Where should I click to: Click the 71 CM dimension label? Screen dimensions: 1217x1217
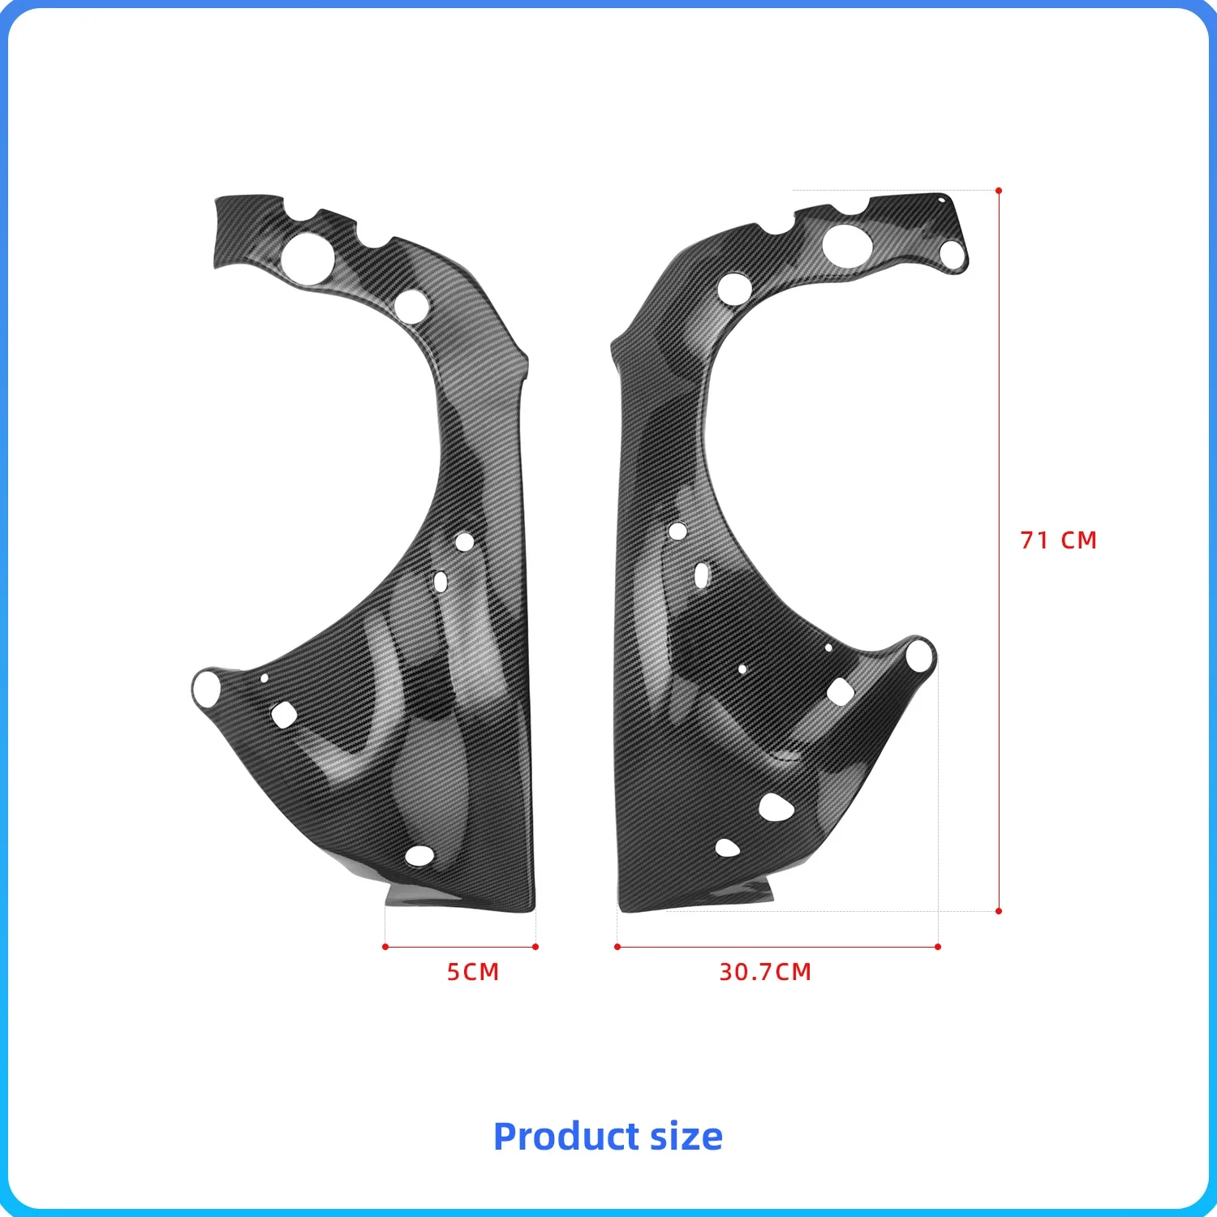pyautogui.click(x=1058, y=540)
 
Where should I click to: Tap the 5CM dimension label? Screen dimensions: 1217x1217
pyautogui.click(x=473, y=972)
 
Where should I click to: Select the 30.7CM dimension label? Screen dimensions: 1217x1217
pyautogui.click(x=765, y=972)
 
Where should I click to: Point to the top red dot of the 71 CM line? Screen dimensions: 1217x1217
pyautogui.click(x=999, y=191)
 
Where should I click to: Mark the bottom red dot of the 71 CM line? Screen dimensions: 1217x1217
pyautogui.click(x=999, y=911)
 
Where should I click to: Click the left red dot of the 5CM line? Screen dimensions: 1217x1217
pyautogui.click(x=385, y=947)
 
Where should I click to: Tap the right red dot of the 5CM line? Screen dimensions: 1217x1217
pyautogui.click(x=535, y=947)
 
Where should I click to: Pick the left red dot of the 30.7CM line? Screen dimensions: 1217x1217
pyautogui.click(x=617, y=947)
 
